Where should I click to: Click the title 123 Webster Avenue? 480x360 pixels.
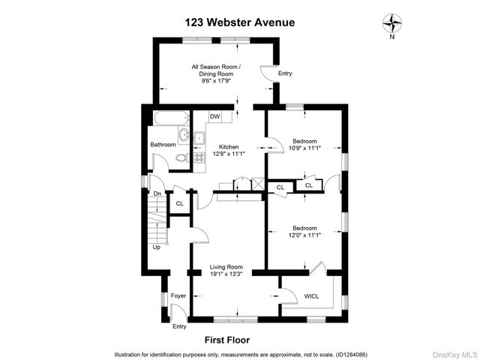pos(239,22)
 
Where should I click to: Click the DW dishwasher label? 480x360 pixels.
pos(214,116)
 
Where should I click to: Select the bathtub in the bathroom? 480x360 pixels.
pos(170,118)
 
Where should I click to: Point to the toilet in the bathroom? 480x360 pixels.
pos(181,157)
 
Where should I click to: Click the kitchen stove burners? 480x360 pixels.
pos(199,157)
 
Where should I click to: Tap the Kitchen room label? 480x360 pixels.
pos(228,146)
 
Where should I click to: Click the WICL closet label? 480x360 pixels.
pos(311,296)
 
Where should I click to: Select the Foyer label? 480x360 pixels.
pos(178,295)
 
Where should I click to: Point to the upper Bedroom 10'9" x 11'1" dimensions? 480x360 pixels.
pos(304,148)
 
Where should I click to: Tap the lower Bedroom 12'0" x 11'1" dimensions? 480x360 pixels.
pos(304,235)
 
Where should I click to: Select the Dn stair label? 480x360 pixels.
pos(157,194)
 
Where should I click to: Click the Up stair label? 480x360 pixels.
pos(157,247)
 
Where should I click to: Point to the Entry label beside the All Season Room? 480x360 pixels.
pos(285,73)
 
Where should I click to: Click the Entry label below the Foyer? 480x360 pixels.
pos(179,326)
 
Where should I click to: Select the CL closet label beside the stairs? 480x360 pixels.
pos(179,203)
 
